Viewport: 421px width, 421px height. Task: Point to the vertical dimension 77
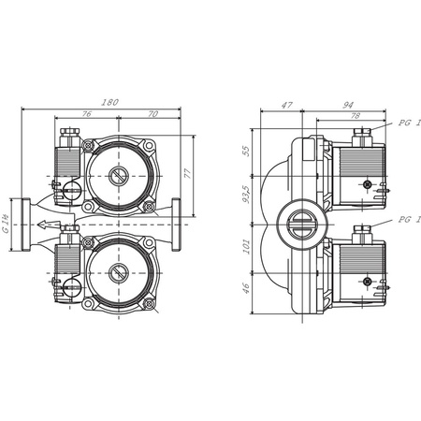coord(187,173)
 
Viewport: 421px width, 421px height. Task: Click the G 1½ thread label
coord(7,224)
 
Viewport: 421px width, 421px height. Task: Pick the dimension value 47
coord(288,106)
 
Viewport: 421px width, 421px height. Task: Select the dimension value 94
coord(349,106)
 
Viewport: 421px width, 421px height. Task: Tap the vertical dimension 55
coord(247,150)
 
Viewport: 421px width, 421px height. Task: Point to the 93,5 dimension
coord(247,195)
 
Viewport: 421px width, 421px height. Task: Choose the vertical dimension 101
coord(247,248)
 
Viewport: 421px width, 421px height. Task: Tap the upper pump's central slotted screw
coord(119,175)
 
